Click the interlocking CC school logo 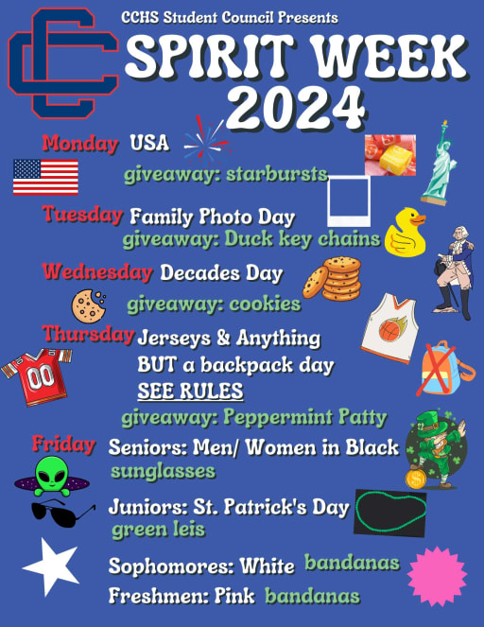62,63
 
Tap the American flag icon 45,177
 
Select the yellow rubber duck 406,233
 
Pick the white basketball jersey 389,328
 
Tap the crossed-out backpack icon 444,369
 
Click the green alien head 51,474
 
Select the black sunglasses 62,513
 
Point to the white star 52,566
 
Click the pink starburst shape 437,576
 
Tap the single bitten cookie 88,305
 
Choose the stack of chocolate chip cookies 332,279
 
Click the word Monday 80,143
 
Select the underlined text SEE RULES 190,391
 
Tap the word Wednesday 97,272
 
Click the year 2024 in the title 296,107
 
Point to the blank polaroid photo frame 349,201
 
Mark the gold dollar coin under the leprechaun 416,479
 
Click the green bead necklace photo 390,513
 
